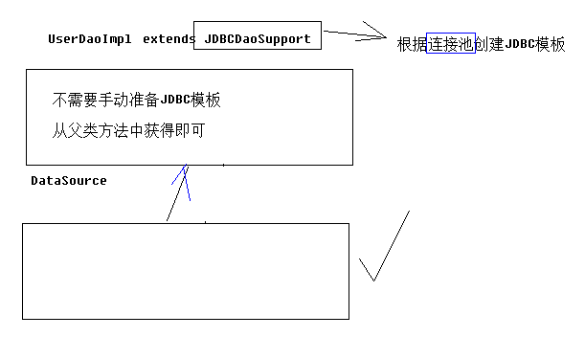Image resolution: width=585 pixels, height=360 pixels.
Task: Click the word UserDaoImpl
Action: coord(89,39)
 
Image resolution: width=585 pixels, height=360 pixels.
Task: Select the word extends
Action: coord(169,39)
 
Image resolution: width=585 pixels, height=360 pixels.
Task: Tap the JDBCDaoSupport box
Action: coord(258,38)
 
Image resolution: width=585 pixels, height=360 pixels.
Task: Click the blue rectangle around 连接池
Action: coord(451,43)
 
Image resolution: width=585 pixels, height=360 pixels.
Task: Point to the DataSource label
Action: coord(69,180)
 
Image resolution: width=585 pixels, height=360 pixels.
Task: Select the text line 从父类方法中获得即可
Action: coord(128,129)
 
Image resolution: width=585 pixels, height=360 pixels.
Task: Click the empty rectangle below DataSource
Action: coord(185,270)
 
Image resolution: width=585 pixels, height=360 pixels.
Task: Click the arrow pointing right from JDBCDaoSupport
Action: coord(354,36)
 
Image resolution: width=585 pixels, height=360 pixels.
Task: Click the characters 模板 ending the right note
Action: coord(551,44)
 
